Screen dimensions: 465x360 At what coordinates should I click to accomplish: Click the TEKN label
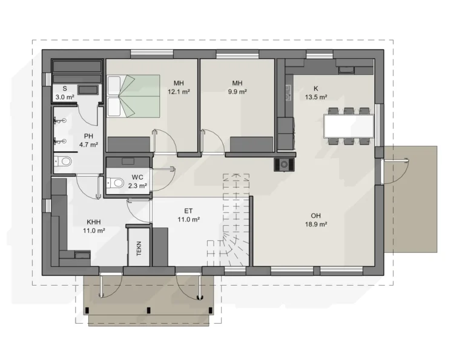(139, 248)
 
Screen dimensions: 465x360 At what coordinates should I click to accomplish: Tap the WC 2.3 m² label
(137, 182)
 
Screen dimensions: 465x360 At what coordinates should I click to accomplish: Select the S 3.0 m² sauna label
(65, 93)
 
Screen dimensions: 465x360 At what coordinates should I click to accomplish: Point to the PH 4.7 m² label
(88, 140)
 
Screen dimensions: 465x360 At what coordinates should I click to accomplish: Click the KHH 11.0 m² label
(94, 226)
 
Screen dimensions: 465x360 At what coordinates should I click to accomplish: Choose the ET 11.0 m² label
(188, 215)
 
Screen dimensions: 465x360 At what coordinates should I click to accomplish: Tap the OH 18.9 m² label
(316, 220)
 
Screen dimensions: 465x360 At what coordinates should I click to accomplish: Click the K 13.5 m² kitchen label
(316, 93)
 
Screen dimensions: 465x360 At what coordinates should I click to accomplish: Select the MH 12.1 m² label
(179, 87)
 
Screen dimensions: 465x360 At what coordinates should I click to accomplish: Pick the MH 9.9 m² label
(237, 87)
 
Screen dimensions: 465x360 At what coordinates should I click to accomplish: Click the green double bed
(133, 96)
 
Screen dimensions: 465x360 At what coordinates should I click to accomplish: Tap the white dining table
(349, 126)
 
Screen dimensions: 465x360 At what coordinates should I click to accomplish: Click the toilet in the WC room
(115, 183)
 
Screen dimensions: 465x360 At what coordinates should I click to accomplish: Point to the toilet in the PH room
(62, 162)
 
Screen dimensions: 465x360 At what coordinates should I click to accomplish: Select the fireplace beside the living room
(284, 165)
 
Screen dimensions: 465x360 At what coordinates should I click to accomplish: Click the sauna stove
(88, 90)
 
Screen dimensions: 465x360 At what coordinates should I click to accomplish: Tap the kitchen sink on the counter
(346, 70)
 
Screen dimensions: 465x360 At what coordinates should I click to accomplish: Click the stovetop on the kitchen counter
(288, 93)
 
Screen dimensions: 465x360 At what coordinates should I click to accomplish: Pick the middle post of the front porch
(148, 310)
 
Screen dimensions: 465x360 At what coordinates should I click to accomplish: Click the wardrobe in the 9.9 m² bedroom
(251, 144)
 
